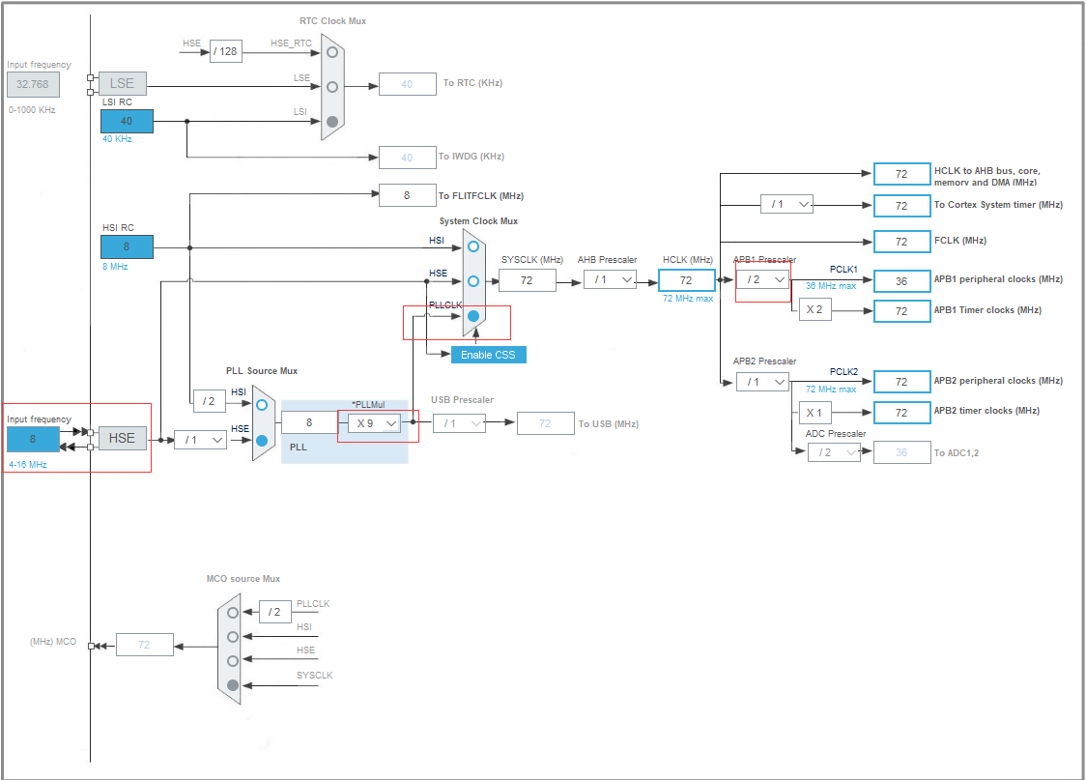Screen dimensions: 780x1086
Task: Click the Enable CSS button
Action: click(488, 355)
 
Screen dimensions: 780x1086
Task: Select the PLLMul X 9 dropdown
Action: click(374, 422)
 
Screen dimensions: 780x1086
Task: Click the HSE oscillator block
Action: click(122, 438)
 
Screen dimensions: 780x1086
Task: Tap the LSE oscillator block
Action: click(122, 83)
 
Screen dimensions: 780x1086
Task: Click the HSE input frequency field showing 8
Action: click(33, 439)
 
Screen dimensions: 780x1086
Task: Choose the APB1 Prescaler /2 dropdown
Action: click(762, 279)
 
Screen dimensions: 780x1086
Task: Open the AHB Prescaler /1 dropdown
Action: click(610, 279)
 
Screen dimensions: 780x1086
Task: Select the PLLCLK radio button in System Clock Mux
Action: click(473, 316)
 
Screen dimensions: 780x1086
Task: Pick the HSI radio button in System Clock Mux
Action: click(473, 246)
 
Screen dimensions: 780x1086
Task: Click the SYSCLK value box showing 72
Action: click(527, 280)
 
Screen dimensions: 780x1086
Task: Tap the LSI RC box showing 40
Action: click(127, 121)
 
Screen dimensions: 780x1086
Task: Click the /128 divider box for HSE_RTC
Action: click(224, 51)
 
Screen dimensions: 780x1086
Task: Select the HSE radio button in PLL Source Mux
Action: click(262, 440)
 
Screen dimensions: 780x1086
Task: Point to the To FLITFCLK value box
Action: click(407, 195)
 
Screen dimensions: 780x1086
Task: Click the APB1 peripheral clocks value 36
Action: click(901, 281)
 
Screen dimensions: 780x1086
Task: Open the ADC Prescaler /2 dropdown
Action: click(834, 451)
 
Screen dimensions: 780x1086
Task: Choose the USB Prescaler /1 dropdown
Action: click(459, 422)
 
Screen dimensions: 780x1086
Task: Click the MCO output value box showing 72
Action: click(145, 645)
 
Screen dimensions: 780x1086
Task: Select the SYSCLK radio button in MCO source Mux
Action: click(233, 685)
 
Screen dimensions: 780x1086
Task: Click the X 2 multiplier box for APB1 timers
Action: click(814, 310)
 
